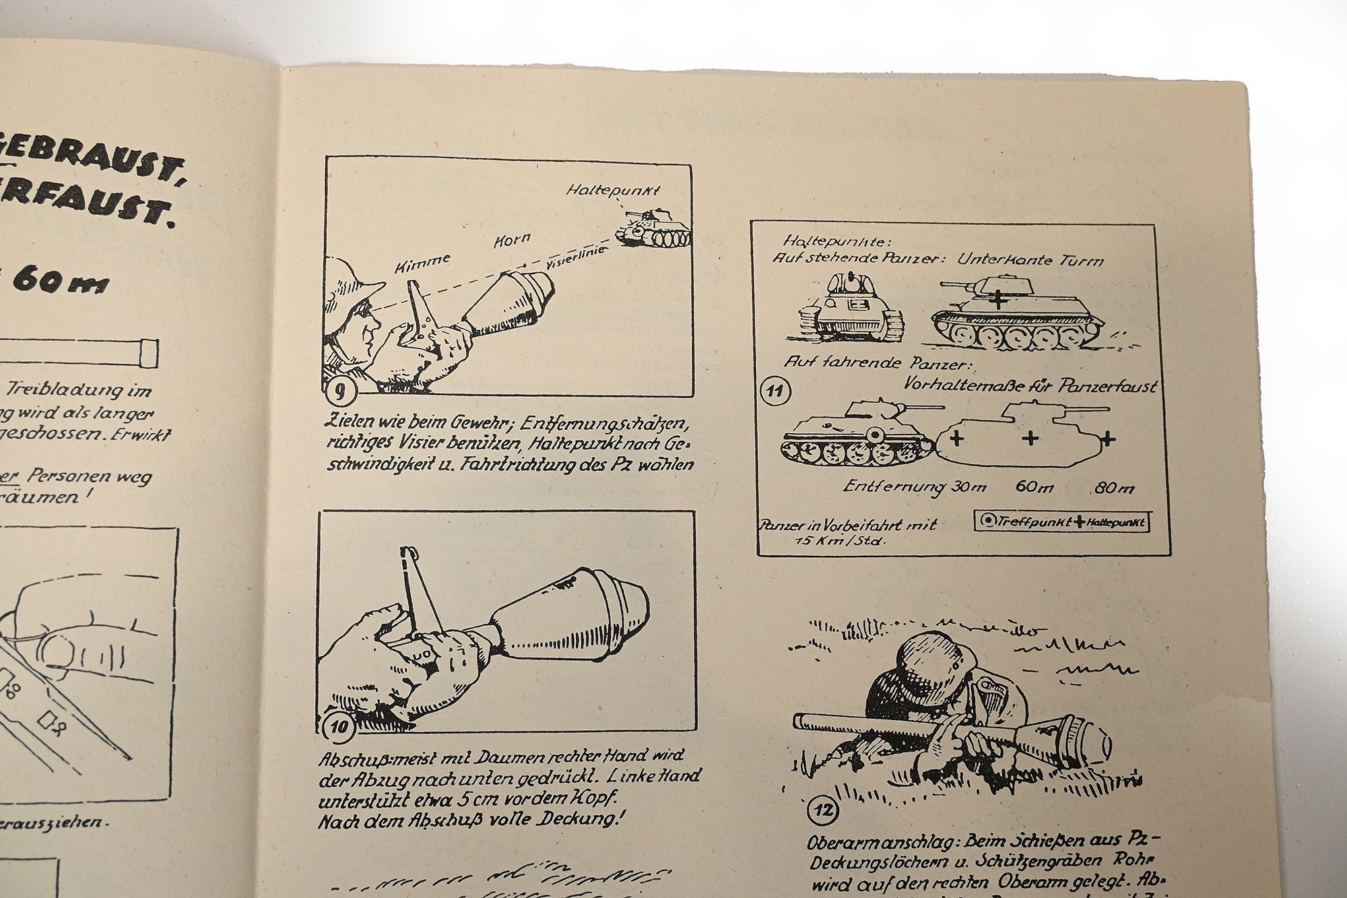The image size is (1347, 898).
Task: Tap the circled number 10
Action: [339, 726]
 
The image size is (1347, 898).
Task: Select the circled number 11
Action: [775, 391]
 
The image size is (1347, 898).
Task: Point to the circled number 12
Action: [823, 810]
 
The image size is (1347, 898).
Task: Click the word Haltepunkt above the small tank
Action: [613, 191]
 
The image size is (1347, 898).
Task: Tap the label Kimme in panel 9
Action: [423, 263]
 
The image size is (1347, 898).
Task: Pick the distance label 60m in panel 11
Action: [1034, 486]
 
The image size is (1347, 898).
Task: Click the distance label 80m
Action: [1114, 488]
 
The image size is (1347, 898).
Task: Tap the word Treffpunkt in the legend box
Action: [1035, 522]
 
